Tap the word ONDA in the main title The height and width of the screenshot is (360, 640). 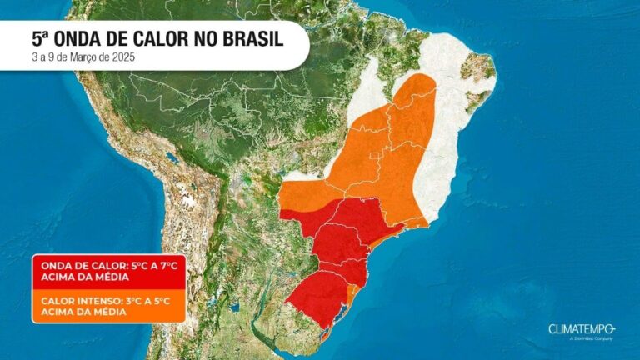pyautogui.click(x=87, y=38)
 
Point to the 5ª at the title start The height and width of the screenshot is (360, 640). pyautogui.click(x=41, y=38)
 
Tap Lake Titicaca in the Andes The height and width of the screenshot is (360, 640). pyautogui.click(x=172, y=157)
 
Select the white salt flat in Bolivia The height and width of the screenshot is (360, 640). pyautogui.click(x=190, y=201)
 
